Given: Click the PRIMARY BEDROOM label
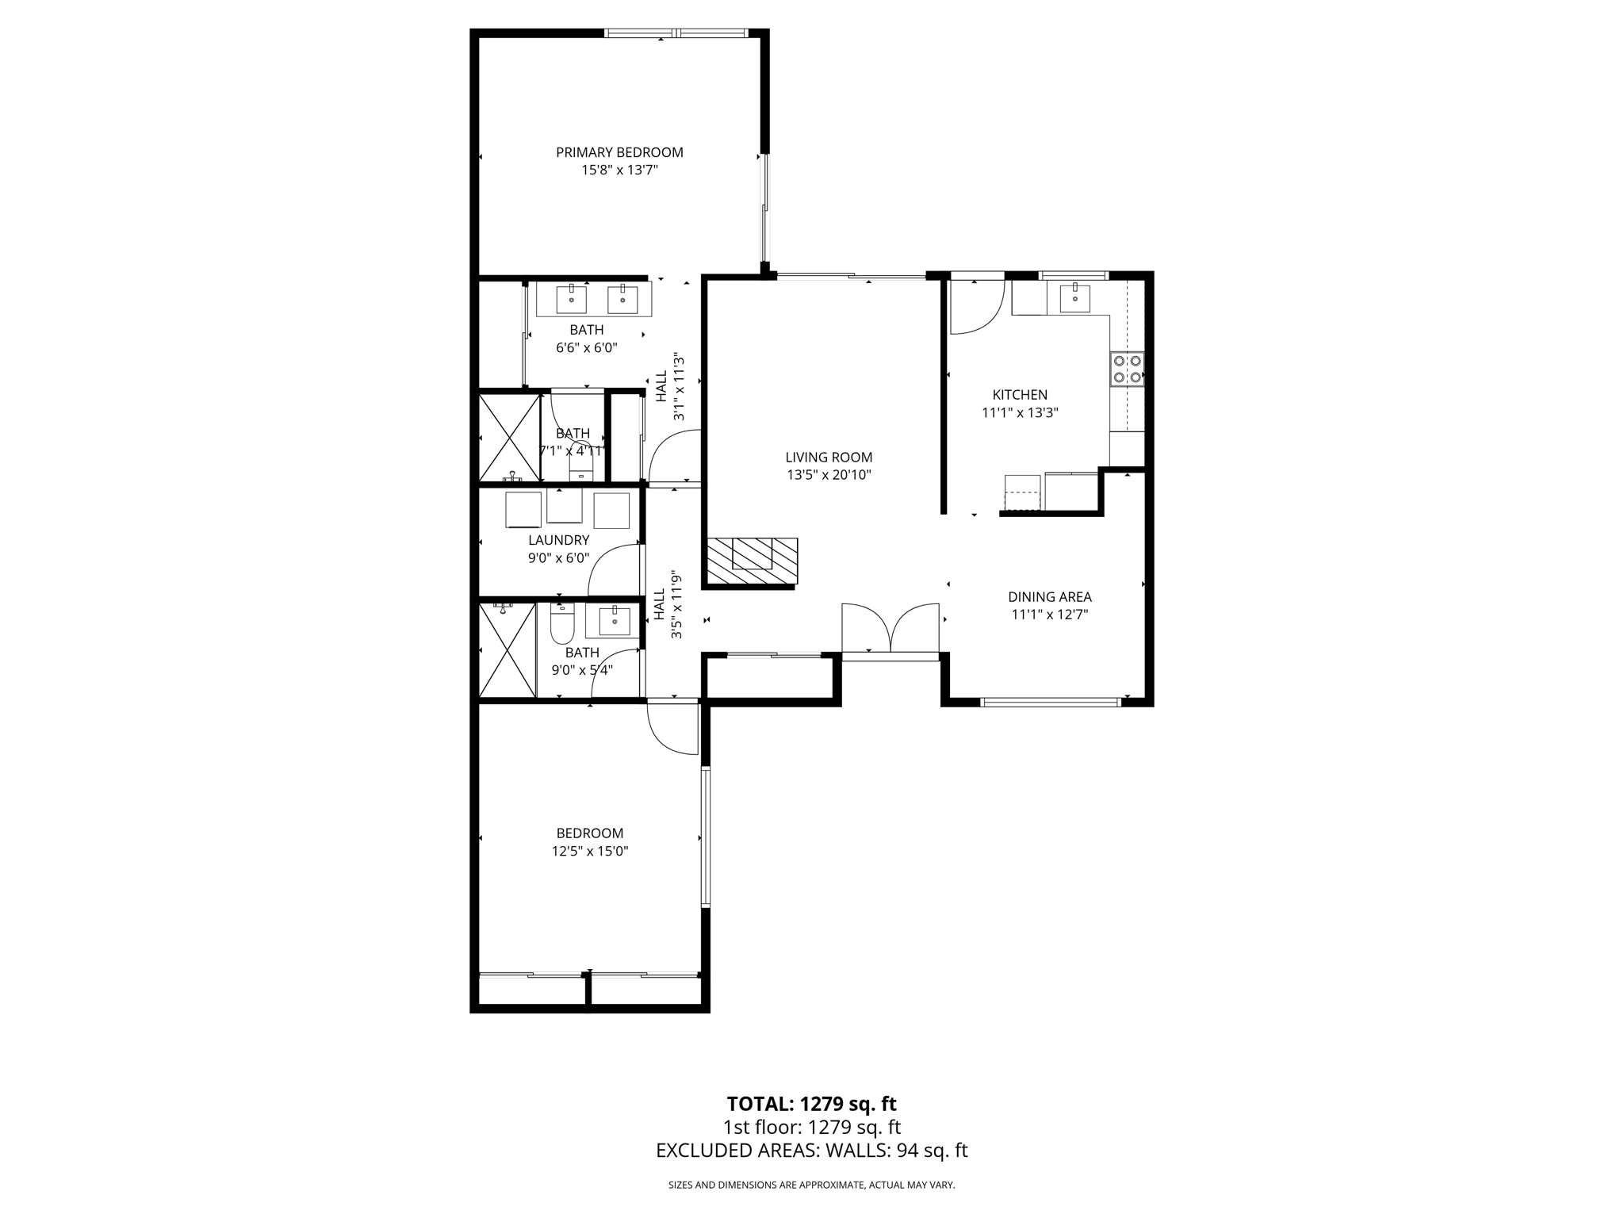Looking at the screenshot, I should (x=619, y=152).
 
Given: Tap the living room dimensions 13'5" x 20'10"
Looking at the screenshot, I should (x=829, y=475).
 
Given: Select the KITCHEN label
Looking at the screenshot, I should (x=1020, y=394).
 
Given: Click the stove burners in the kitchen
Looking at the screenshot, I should (x=1127, y=369).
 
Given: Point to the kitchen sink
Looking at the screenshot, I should (x=1074, y=299).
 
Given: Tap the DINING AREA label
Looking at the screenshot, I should (x=1049, y=596).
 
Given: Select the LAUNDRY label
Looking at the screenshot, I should (x=558, y=540).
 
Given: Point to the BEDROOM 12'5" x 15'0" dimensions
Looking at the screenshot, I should (x=590, y=851).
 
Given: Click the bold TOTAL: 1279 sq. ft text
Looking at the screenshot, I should (x=811, y=1103).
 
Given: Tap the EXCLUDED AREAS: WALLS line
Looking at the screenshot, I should (x=811, y=1151).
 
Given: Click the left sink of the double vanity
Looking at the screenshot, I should (x=571, y=300).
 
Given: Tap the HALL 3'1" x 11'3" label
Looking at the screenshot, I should (x=669, y=386).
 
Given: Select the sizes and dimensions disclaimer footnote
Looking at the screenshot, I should (x=811, y=1185).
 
